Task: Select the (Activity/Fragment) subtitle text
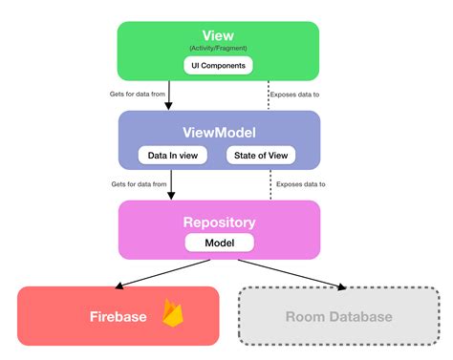pos(220,49)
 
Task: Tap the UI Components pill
pos(220,66)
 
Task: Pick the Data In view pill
pos(171,155)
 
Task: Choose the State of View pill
pos(261,155)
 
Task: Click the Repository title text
pos(220,222)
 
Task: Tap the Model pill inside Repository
pos(220,244)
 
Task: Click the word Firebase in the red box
pos(119,316)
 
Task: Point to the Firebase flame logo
pos(173,314)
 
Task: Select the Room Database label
pos(338,317)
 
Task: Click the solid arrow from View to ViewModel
pos(170,95)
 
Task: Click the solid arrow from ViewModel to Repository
pos(170,184)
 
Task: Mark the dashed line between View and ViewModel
pos(270,95)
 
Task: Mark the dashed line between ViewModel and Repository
pos(270,184)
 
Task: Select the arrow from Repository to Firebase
pos(158,273)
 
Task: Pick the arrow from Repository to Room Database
pos(291,273)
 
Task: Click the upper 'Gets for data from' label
pos(138,94)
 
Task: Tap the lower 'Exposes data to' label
pos(299,182)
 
